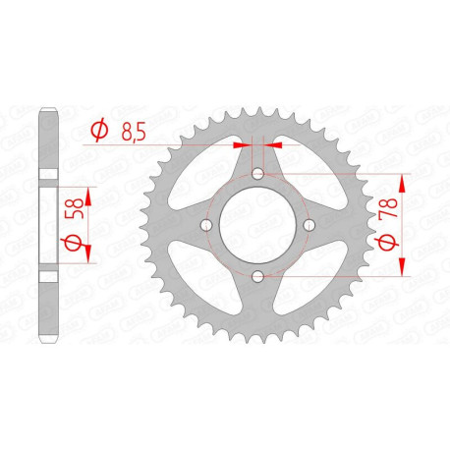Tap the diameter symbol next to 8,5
99,129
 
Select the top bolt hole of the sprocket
258,174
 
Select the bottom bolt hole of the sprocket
258,276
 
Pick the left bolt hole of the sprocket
207,225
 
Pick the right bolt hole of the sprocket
309,225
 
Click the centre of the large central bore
258,225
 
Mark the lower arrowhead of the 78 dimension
404,270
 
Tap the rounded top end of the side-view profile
45,110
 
